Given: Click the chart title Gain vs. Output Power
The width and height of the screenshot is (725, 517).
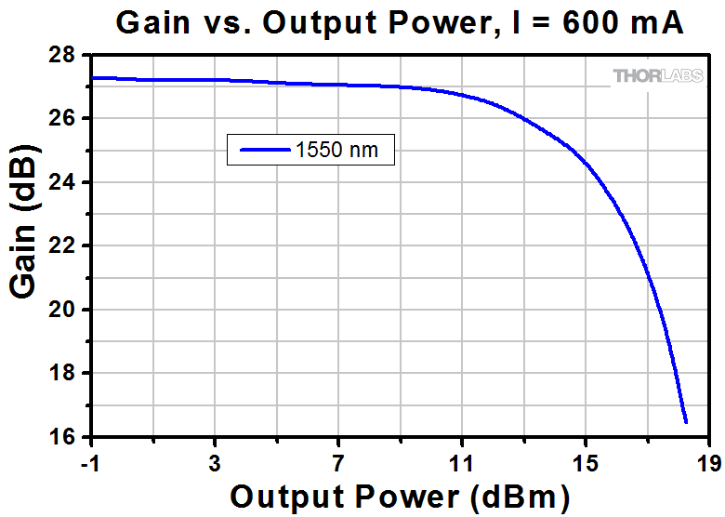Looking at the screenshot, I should [400, 22].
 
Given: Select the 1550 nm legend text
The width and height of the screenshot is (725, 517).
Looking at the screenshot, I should [337, 150].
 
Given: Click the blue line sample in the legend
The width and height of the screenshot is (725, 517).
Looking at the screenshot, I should [264, 150].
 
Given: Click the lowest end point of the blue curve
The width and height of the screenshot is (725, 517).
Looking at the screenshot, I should [686, 422].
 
